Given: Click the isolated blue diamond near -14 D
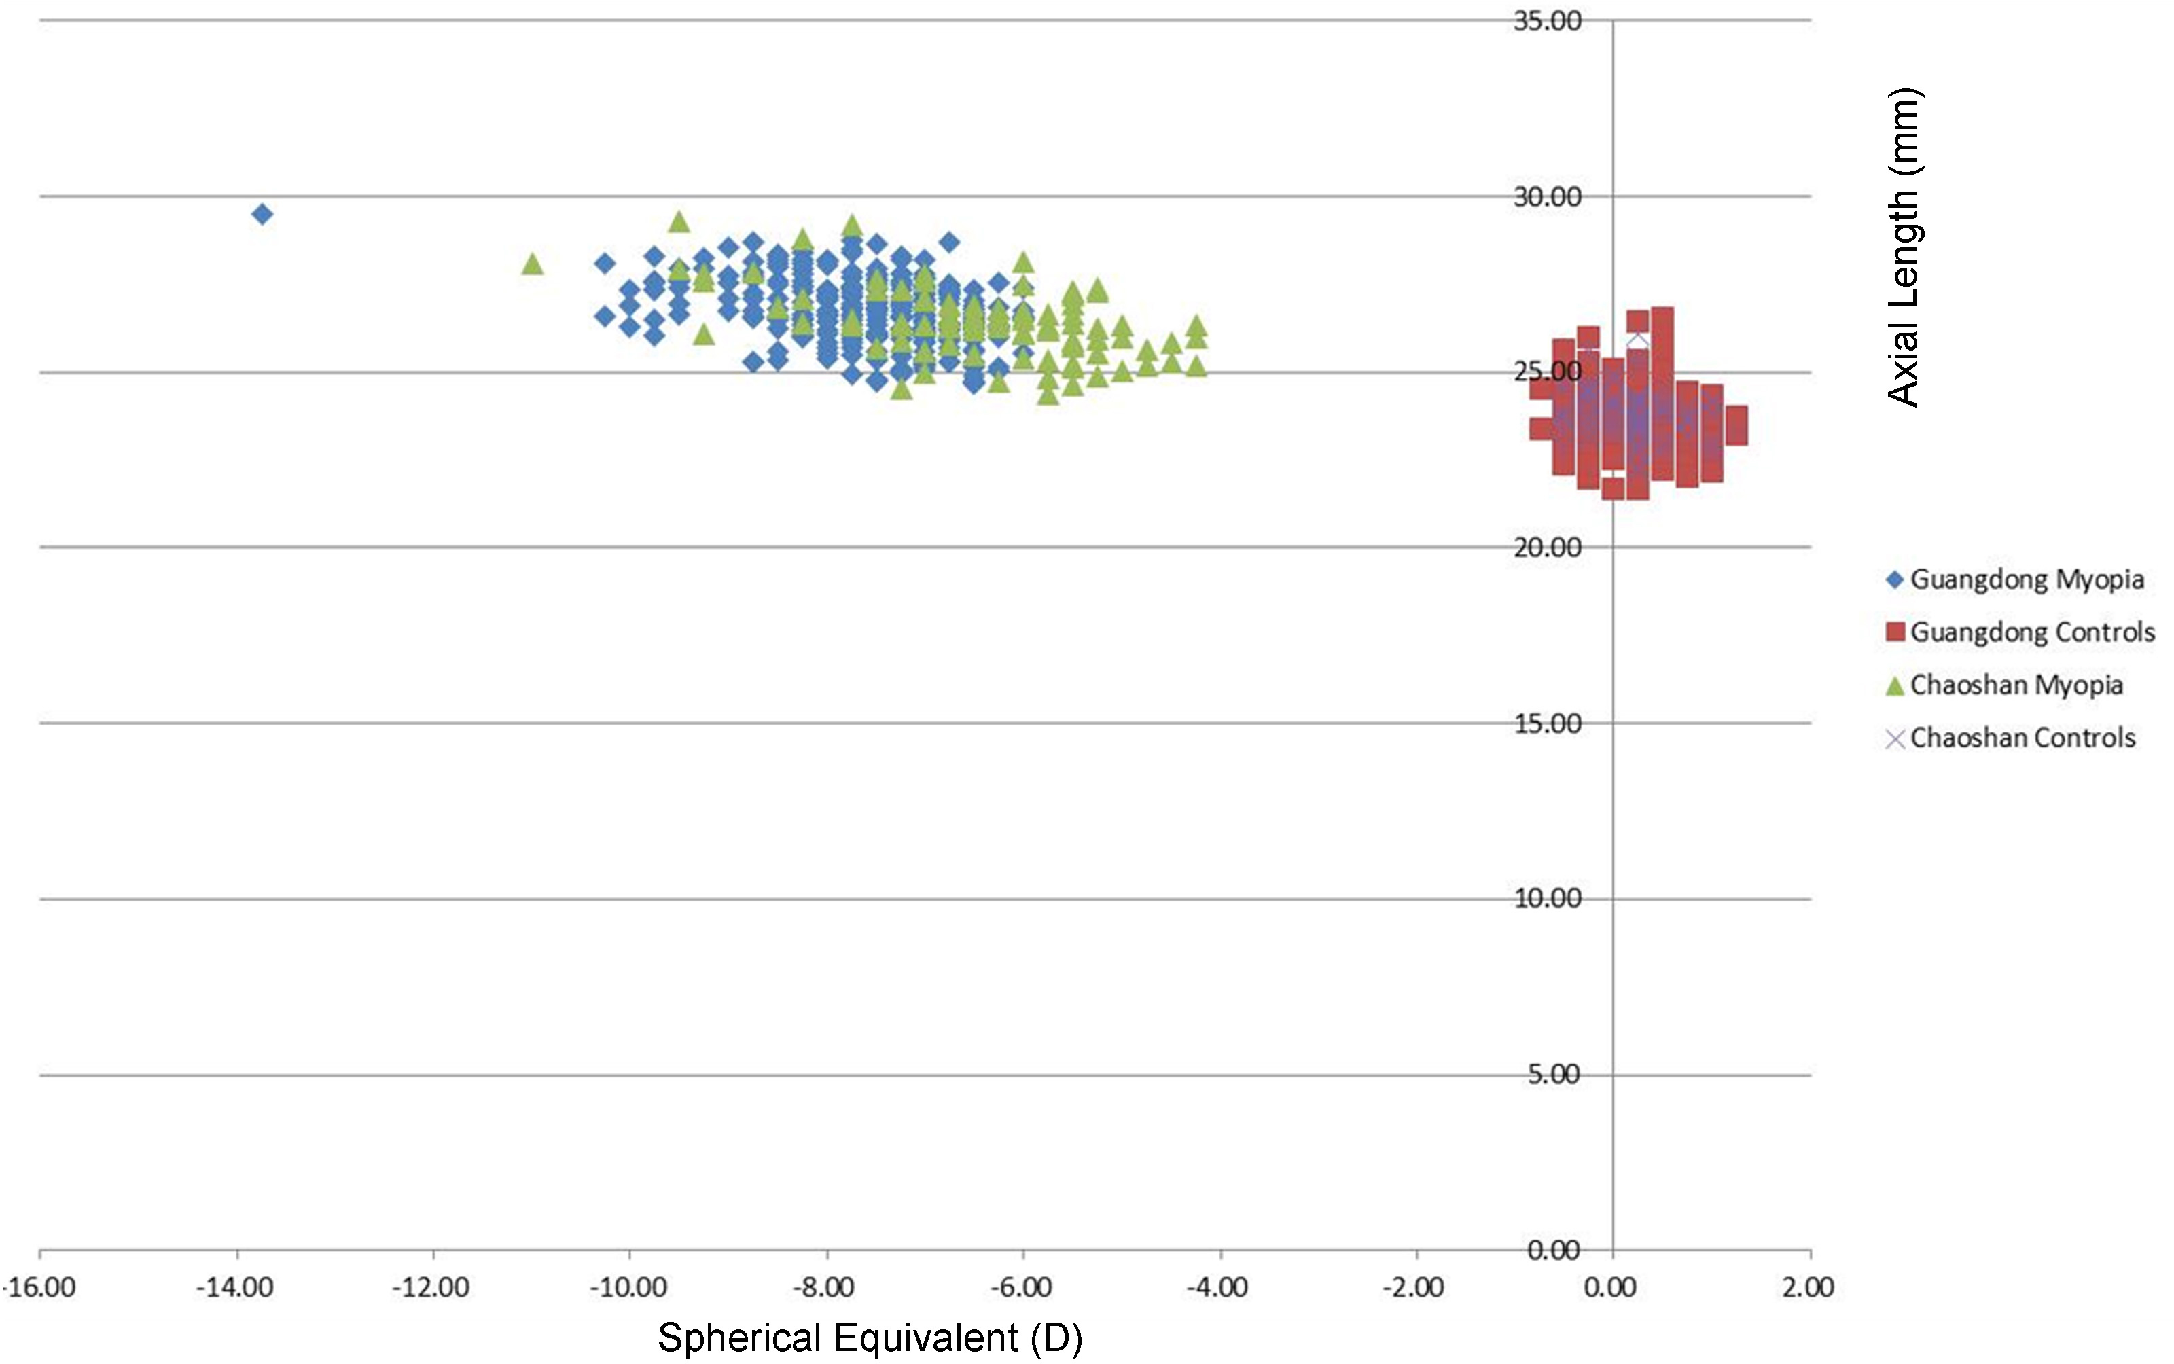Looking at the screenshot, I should point(262,214).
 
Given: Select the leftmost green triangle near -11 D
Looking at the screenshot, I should point(532,264).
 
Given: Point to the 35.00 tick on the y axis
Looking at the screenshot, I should point(1547,21).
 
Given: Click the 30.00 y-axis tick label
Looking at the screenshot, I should point(1547,197).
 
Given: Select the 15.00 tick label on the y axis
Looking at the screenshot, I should point(1547,723).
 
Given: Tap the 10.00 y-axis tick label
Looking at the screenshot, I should point(1547,899).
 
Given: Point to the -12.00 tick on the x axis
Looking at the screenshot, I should point(431,1287).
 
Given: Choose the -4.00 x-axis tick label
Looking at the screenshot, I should point(1218,1287).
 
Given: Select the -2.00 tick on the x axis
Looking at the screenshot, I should point(1414,1287).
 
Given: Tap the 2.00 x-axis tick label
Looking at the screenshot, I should point(1808,1287).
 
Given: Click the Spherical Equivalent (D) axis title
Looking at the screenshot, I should point(870,1338).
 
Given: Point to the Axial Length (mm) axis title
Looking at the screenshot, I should point(1904,247).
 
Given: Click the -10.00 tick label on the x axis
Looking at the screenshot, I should point(628,1287).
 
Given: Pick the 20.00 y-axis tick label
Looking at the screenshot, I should point(1547,548).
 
